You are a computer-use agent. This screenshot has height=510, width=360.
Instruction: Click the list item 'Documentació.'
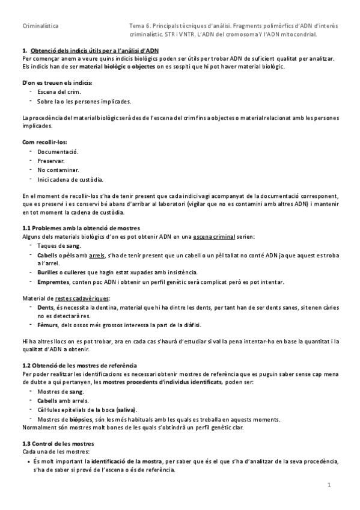click(x=58, y=153)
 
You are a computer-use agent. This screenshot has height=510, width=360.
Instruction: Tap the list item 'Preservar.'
click(x=51, y=162)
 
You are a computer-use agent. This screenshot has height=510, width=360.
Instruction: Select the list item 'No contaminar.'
click(x=57, y=171)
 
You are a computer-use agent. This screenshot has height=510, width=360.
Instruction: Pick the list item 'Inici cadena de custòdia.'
click(x=70, y=180)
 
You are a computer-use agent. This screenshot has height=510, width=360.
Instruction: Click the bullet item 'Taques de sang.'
click(x=58, y=245)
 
